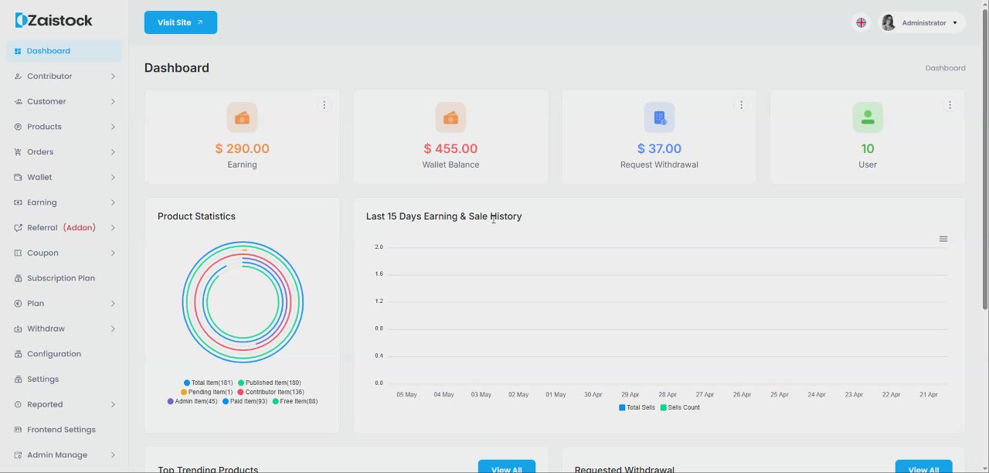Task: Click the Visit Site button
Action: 180,22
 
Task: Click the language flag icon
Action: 861,22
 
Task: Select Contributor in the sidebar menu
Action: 49,77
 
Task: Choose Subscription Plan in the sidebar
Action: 61,278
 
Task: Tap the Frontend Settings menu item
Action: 61,430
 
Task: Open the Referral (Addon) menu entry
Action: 61,228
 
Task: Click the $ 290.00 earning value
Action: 242,148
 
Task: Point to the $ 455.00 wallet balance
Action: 450,148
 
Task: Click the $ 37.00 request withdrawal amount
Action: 659,148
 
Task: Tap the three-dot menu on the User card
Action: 950,105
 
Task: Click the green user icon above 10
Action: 868,117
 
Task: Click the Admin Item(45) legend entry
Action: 192,402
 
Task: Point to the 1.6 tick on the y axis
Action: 379,274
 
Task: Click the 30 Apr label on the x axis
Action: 593,395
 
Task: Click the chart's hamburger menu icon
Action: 943,239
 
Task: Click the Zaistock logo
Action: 53,21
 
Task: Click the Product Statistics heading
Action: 196,216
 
